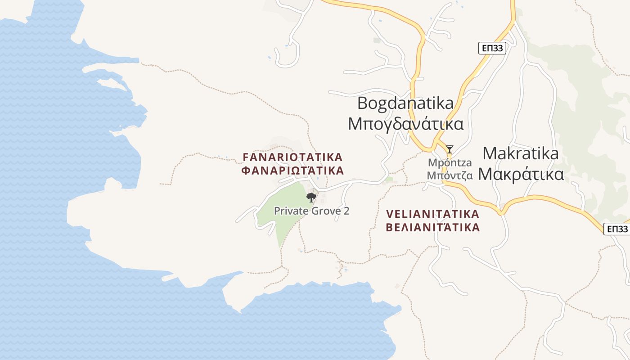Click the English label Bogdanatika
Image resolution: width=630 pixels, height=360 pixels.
[405, 103]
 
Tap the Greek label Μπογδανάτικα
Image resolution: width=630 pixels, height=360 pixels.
[405, 124]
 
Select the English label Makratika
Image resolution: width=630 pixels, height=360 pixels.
[520, 153]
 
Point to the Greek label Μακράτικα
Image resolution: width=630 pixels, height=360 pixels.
[521, 174]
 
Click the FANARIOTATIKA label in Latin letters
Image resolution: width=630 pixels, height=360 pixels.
[292, 157]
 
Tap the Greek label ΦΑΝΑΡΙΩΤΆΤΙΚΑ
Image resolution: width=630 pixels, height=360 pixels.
[292, 171]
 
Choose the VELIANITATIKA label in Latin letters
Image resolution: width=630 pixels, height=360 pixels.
[432, 214]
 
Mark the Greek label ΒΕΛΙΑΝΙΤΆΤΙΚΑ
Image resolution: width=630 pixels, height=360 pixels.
[432, 227]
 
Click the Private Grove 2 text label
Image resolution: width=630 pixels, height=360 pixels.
[311, 211]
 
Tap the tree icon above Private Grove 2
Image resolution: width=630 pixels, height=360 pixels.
[311, 197]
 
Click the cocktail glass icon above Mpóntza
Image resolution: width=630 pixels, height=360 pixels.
[449, 149]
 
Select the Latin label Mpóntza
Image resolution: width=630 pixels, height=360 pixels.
[450, 163]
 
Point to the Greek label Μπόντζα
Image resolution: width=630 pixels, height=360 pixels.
[450, 175]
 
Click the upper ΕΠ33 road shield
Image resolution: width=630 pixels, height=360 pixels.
[492, 48]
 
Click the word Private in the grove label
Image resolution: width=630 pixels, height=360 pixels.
[288, 211]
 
